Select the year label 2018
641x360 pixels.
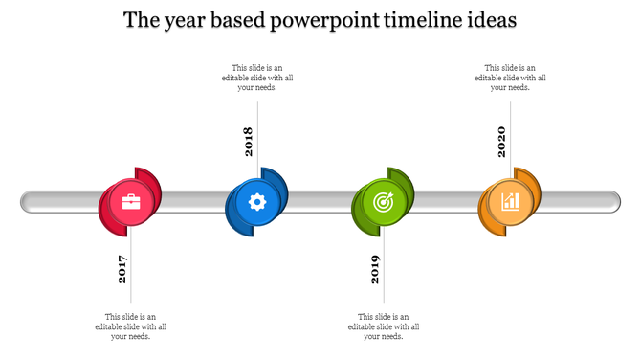click(x=249, y=141)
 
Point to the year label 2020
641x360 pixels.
click(x=501, y=141)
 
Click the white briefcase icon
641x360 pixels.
click(x=130, y=202)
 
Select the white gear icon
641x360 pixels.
click(x=256, y=202)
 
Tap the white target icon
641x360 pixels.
click(x=383, y=202)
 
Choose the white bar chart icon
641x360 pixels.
click(x=509, y=202)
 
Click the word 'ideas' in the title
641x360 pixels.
click(x=490, y=20)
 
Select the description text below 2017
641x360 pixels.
click(x=131, y=326)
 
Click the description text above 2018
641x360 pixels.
click(x=257, y=78)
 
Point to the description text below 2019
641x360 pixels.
click(x=384, y=326)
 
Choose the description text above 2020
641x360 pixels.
click(x=510, y=78)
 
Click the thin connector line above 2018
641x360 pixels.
click(x=257, y=110)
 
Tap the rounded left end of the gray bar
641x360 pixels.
click(x=27, y=202)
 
